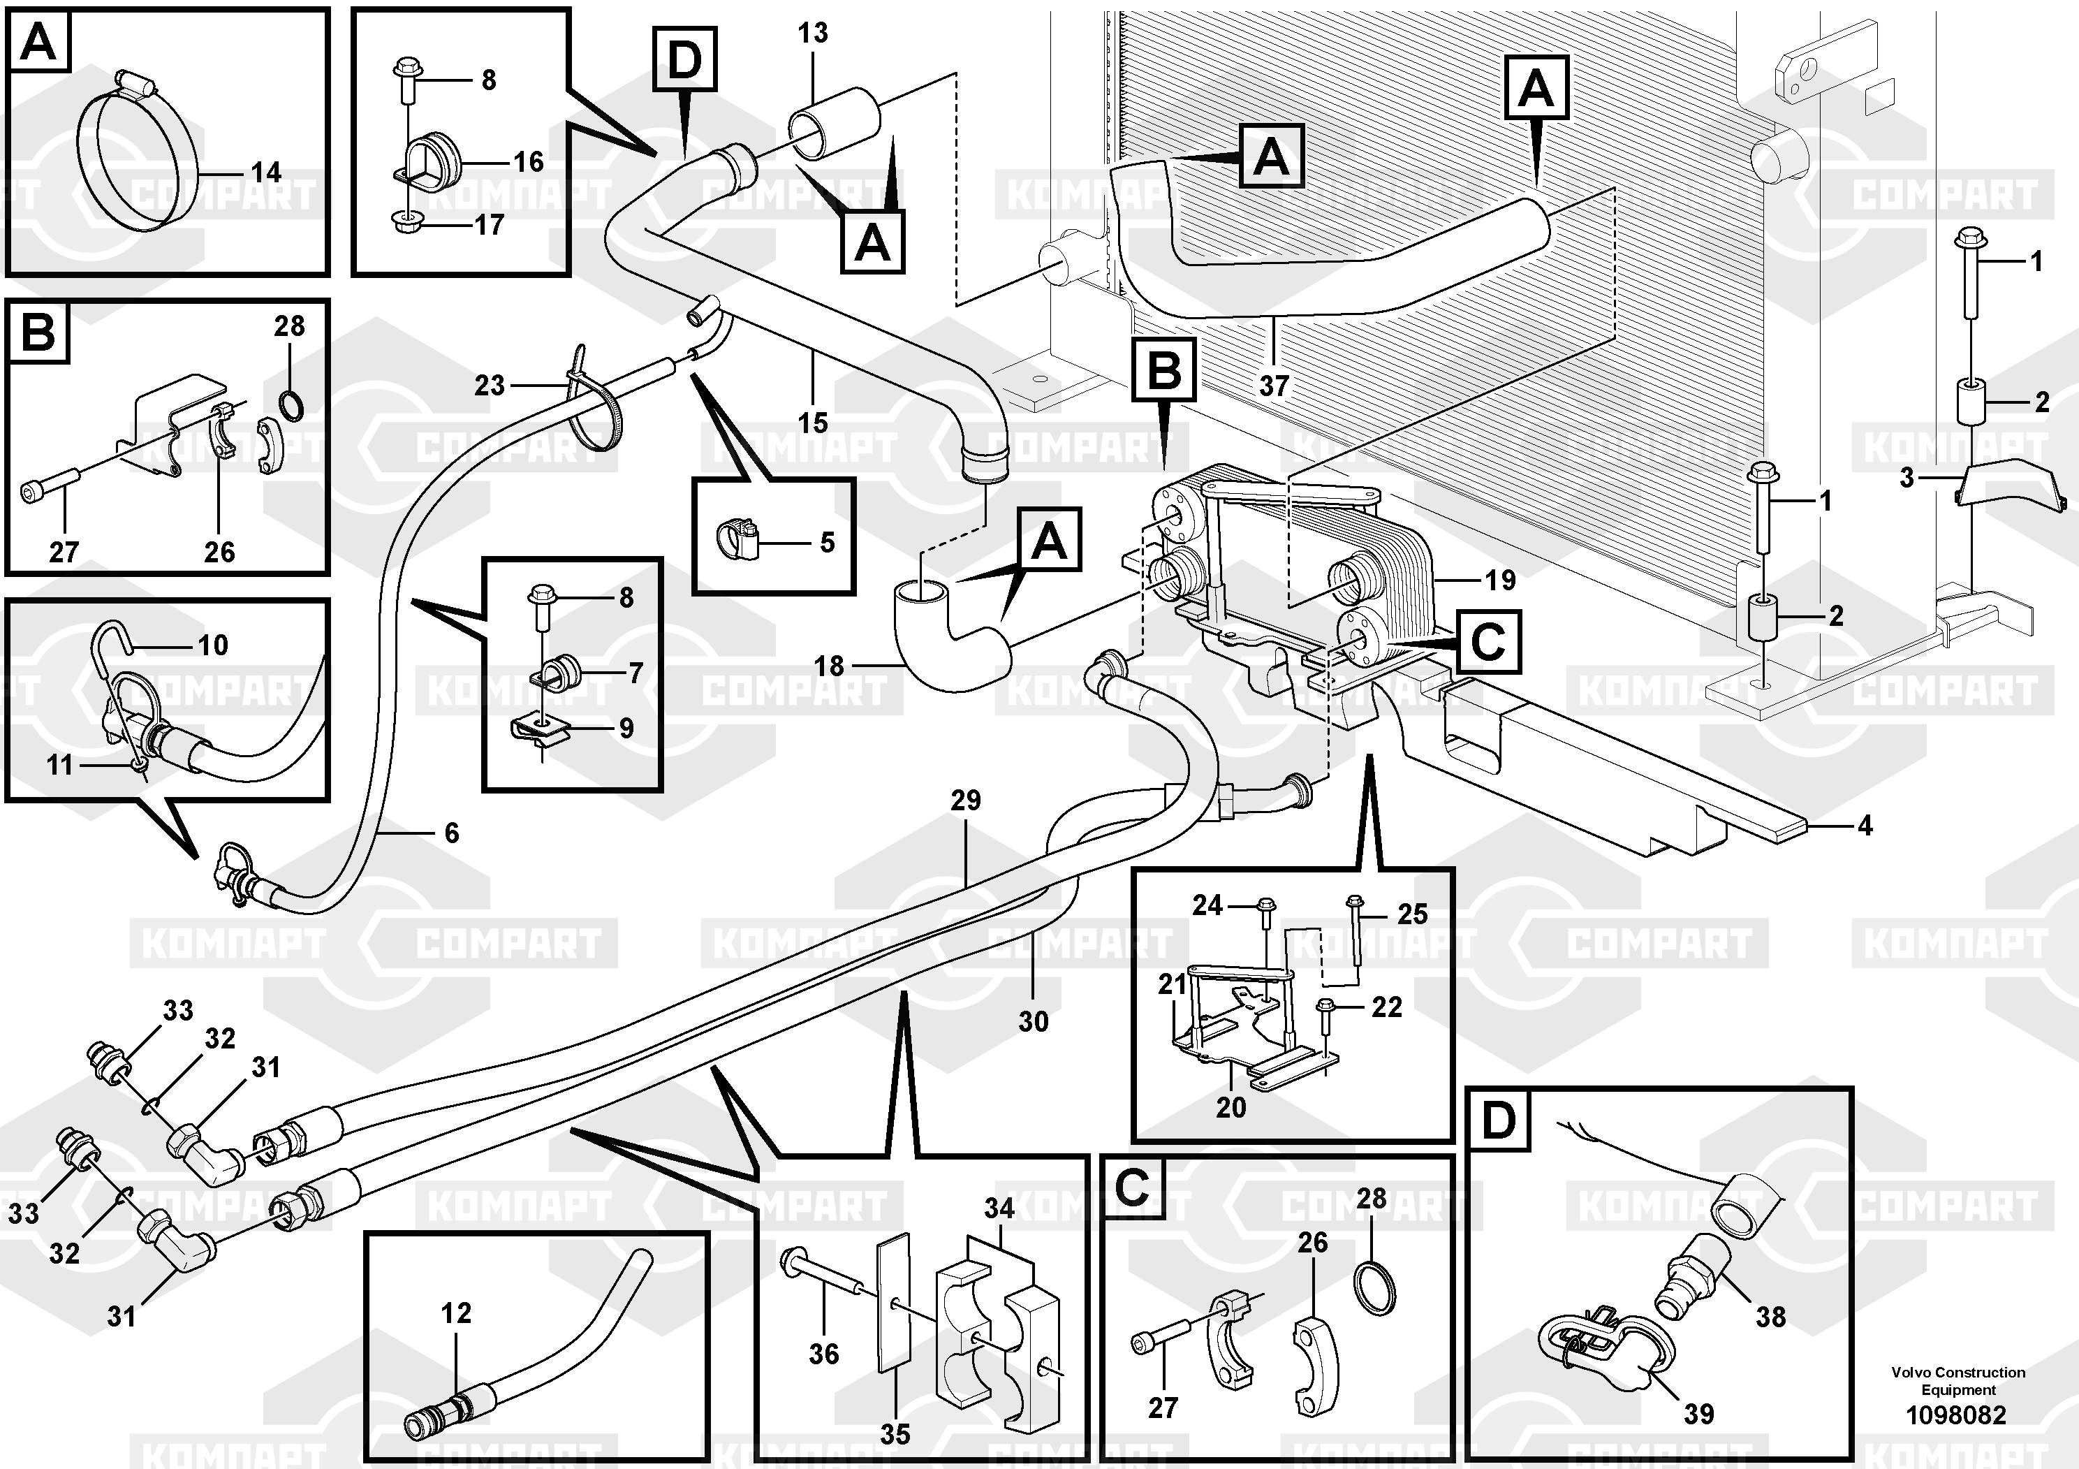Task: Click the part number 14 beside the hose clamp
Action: coord(265,172)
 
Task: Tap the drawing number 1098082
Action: coord(1956,1415)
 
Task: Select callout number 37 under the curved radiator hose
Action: coord(1273,386)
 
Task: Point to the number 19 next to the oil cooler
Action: coord(1499,580)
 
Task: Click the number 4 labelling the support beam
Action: coord(1865,825)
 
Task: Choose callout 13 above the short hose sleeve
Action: coord(812,34)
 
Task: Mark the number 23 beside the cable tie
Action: coord(490,386)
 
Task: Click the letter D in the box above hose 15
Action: coord(684,60)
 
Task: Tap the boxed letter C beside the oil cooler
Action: coord(1487,641)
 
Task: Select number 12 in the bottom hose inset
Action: coord(455,1313)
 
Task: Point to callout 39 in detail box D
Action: coord(1698,1414)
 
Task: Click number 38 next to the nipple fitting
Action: coord(1770,1317)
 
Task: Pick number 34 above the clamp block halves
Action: coord(999,1208)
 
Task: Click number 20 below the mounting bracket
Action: coord(1230,1106)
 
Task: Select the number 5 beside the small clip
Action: coord(827,543)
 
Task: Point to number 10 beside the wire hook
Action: coord(213,645)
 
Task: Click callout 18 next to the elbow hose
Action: coord(828,666)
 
